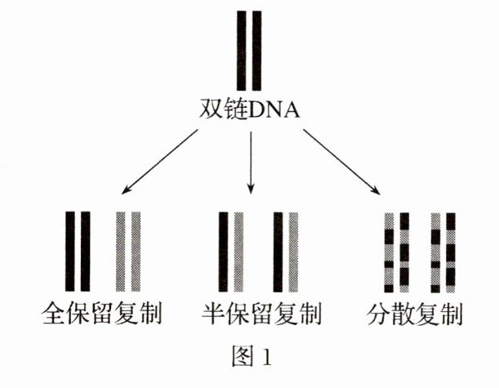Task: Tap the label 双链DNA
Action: click(250, 109)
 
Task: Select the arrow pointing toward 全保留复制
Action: click(160, 163)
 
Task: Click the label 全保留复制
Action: click(103, 314)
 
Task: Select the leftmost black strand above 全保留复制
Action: click(70, 251)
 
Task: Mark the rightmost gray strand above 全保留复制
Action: click(135, 251)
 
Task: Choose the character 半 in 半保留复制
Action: click(214, 314)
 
